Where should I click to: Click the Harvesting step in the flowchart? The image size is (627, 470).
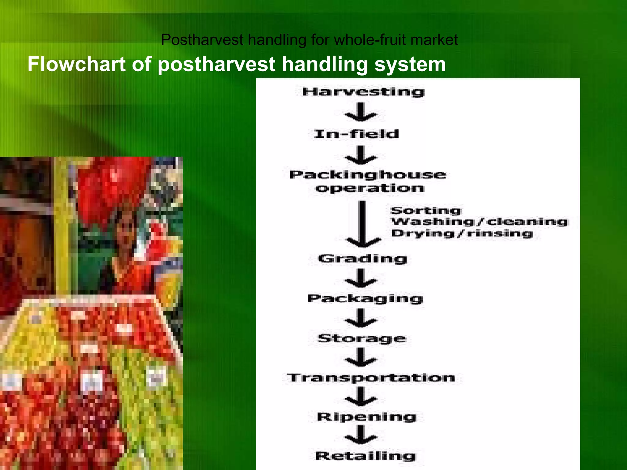pos(363,92)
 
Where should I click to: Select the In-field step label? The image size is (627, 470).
pos(356,134)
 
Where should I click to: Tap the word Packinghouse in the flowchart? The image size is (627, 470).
pos(367,175)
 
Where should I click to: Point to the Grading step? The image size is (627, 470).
pos(363,259)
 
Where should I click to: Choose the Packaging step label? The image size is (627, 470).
pos(365,299)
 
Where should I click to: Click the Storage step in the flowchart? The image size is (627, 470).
pos(362,338)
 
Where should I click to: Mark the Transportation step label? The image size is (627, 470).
pos(371,378)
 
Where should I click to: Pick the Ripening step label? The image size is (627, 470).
pos(366,417)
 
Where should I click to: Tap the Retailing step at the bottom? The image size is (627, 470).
pos(365,456)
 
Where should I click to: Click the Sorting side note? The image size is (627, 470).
pos(426,211)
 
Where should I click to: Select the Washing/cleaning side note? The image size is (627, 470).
pos(479,222)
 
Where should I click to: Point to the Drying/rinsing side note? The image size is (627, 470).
pos(462,233)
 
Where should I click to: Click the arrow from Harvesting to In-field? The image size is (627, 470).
pos(361,112)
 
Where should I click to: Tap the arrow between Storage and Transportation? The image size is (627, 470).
pos(361,357)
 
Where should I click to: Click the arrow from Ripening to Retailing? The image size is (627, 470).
pos(361,435)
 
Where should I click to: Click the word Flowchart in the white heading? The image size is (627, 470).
pos(77,64)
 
